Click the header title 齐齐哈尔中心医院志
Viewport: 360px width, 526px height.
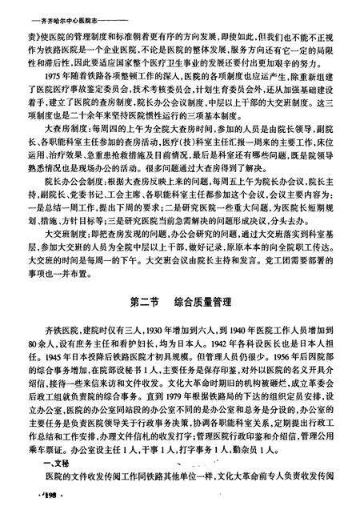(58, 10)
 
